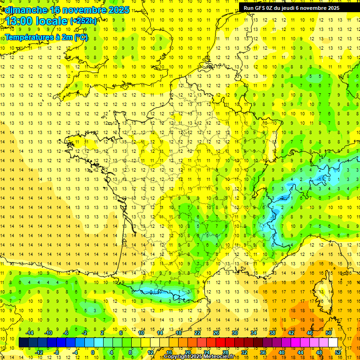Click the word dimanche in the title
coord(25,10)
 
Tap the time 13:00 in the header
coord(19,21)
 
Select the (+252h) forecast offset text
coord(84,21)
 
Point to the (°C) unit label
coord(80,37)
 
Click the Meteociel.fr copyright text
coord(202,357)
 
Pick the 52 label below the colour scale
coord(338,352)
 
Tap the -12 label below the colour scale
coord(39,352)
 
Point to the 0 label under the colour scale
coord(92,352)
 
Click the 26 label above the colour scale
coord(216,333)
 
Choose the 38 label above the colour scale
coord(272,333)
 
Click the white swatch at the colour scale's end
coord(333,343)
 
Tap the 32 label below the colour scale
coord(244,352)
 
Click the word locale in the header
coord(54,21)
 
